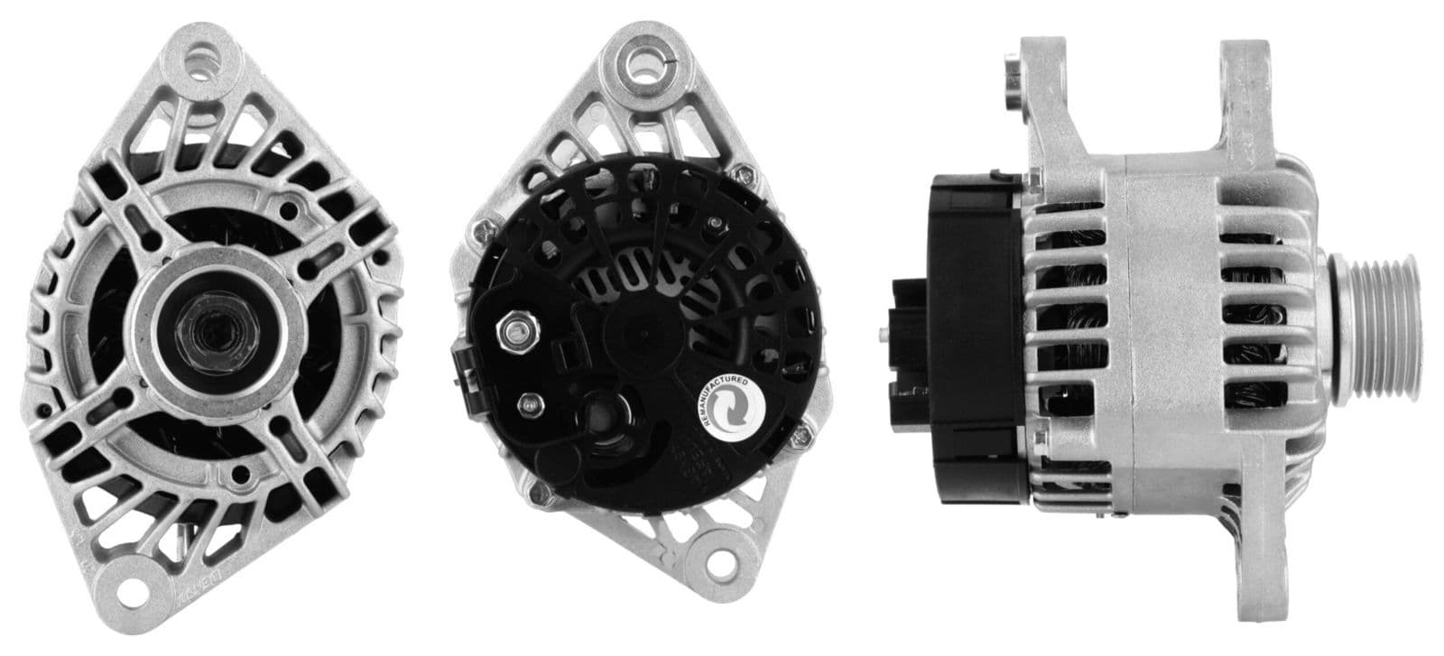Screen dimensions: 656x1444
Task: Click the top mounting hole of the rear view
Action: point(643,64)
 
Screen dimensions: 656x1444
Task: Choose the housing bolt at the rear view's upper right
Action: point(742,171)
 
